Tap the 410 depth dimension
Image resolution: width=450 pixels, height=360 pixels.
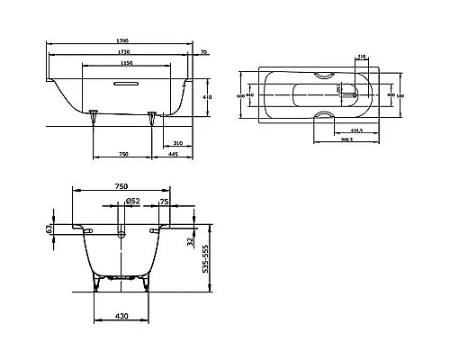coord(207,95)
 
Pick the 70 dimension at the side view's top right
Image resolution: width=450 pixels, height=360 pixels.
coord(204,52)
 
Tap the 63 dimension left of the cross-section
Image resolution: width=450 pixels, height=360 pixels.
coord(51,230)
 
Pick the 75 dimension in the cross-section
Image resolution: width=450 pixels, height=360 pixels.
coord(164,202)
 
